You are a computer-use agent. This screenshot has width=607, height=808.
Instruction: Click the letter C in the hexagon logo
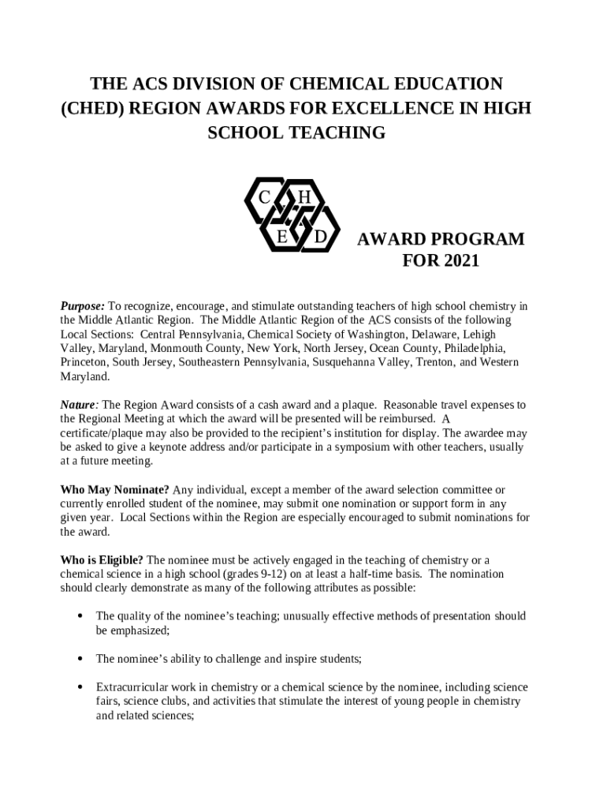click(x=265, y=196)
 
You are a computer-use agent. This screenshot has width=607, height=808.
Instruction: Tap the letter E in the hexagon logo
click(x=281, y=236)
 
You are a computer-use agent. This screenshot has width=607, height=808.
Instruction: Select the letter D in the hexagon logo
click(x=320, y=236)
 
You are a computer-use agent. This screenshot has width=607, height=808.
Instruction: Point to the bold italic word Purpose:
click(x=83, y=306)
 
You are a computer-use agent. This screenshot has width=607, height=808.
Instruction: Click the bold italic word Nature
click(x=79, y=405)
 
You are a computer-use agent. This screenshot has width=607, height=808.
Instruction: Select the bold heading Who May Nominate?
click(x=115, y=490)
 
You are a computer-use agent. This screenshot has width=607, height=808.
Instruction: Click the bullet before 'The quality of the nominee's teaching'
click(x=81, y=616)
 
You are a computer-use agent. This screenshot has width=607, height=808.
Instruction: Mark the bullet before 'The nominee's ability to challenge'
click(x=81, y=658)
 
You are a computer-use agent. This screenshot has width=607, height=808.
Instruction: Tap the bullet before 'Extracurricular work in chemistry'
click(x=81, y=687)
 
